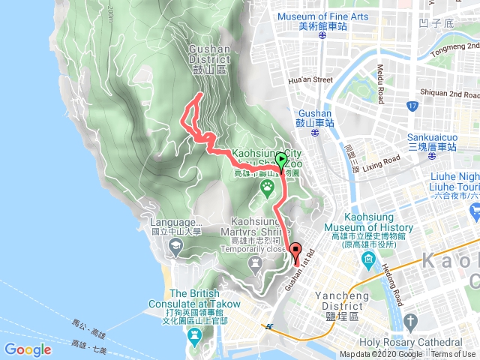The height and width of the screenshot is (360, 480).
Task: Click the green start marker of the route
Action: click(x=281, y=159)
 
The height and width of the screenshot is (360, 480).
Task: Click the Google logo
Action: click(x=28, y=349)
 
